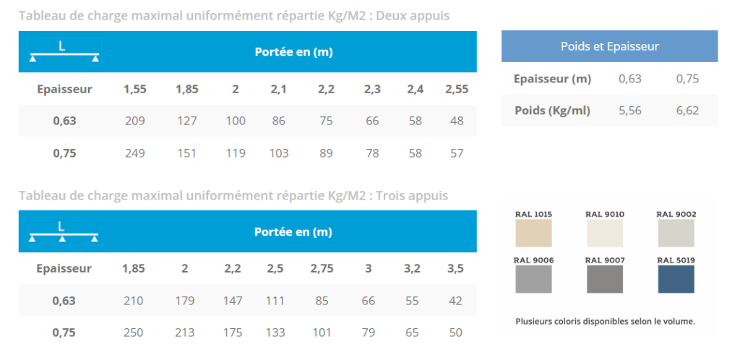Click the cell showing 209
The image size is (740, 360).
click(134, 121)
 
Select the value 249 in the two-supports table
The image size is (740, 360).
click(134, 153)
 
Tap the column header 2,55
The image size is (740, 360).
click(457, 89)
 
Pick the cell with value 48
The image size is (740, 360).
click(457, 121)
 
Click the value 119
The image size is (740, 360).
click(236, 153)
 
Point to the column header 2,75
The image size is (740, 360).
click(322, 268)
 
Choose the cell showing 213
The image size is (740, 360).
click(185, 333)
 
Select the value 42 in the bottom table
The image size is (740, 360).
click(455, 301)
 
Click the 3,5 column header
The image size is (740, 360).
click(455, 268)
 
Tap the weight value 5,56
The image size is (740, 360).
click(630, 111)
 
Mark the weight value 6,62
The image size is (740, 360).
click(687, 111)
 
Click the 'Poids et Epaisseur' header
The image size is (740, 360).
click(609, 46)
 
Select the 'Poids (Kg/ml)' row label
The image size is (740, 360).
click(553, 111)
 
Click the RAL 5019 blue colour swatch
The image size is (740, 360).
click(676, 279)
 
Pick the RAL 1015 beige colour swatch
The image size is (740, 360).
click(533, 233)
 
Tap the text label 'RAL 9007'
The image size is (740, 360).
click(603, 260)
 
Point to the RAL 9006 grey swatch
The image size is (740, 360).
click(533, 279)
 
